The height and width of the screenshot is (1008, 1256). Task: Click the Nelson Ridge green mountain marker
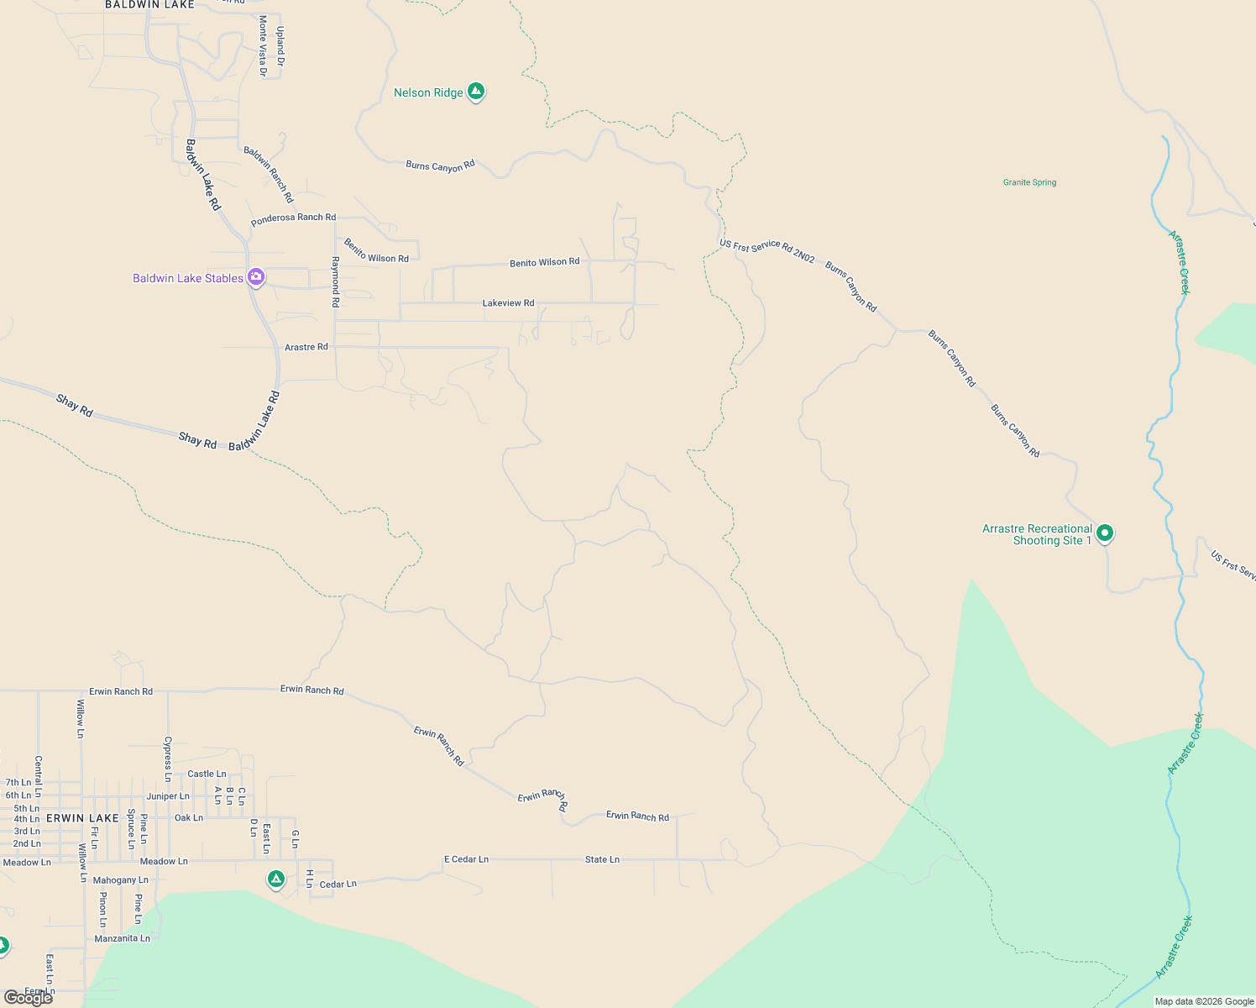[476, 91]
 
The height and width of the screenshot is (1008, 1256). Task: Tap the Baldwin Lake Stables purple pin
[256, 277]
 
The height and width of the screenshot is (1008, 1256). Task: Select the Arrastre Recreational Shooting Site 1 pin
[1106, 533]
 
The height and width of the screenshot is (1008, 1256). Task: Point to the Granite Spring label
[1029, 182]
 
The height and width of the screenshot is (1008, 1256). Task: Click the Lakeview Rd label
[508, 303]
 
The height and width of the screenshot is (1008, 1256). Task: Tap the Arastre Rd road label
[306, 347]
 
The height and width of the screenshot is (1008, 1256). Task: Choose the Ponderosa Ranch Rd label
[293, 218]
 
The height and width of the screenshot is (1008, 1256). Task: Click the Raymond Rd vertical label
[335, 281]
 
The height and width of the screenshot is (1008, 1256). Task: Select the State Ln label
[602, 859]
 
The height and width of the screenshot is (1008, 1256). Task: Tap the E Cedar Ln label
[466, 859]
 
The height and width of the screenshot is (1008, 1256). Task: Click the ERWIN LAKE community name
[82, 818]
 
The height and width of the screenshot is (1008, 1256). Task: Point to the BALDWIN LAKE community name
[149, 5]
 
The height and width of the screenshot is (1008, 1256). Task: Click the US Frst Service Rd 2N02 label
[767, 251]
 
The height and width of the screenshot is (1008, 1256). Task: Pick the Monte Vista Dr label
[263, 46]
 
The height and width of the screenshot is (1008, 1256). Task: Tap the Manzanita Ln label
[122, 938]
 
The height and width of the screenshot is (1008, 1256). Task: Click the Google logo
[28, 998]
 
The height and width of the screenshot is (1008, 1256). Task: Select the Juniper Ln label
[168, 796]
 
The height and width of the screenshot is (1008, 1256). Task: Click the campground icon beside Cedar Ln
[275, 879]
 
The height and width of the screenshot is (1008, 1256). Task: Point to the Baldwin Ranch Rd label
[269, 175]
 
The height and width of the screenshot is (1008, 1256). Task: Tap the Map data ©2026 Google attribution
[1204, 1001]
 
